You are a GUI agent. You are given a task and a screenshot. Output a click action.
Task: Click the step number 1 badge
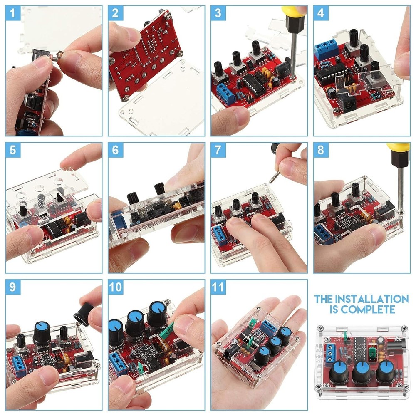13,13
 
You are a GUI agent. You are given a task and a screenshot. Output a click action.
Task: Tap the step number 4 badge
320,13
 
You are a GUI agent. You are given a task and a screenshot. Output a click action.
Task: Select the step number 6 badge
115,150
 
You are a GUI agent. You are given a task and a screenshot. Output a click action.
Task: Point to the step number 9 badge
13,287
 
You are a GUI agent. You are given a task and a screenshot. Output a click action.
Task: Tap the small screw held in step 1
59,54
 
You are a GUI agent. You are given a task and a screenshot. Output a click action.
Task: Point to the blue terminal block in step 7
220,235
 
